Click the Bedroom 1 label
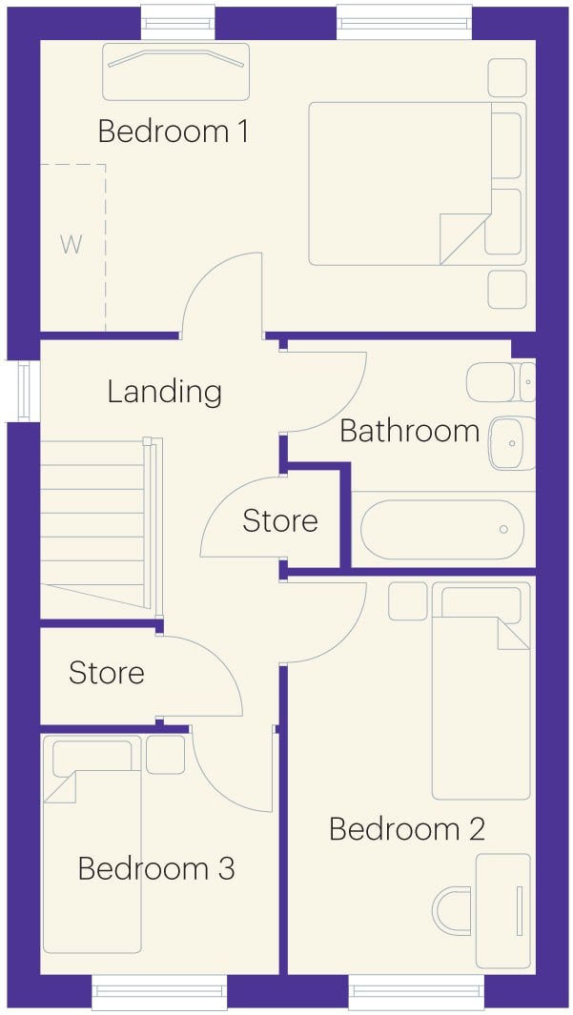click(173, 132)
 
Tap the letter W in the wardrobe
click(72, 245)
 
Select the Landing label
click(164, 392)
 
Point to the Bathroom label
click(409, 431)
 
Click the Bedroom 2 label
click(407, 829)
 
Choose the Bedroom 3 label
click(156, 868)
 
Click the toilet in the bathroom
click(501, 382)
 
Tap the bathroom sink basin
click(512, 443)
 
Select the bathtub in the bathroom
click(442, 530)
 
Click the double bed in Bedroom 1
click(417, 184)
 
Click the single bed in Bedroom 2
click(481, 691)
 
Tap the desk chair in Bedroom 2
click(452, 911)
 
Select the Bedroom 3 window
click(159, 992)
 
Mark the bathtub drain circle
click(503, 530)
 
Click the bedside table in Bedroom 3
click(166, 755)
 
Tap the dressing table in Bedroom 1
click(176, 71)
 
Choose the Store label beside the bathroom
click(280, 521)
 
